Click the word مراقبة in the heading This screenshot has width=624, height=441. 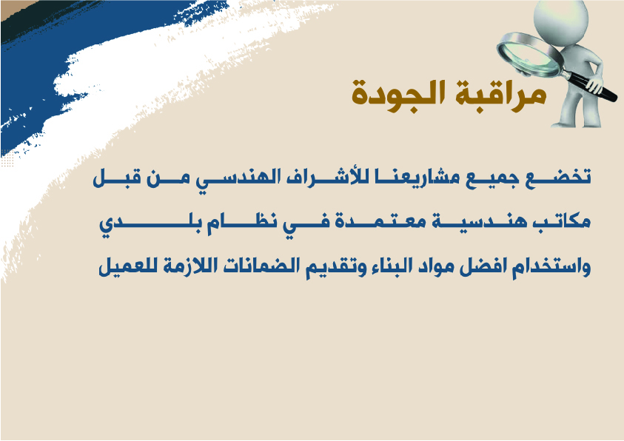501,94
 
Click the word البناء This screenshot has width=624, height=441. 384,266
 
